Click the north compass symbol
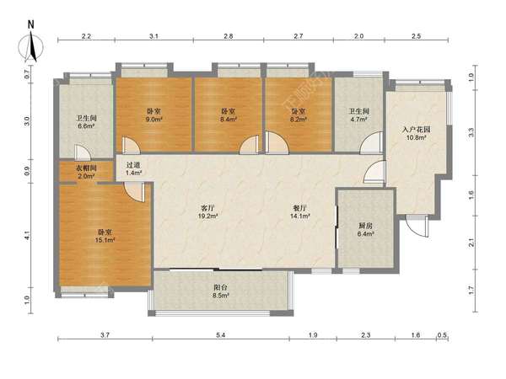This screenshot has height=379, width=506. [x=31, y=44]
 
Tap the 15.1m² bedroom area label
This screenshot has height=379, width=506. [x=105, y=240]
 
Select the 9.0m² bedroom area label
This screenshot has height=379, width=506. [x=153, y=120]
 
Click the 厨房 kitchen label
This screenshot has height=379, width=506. [x=365, y=226]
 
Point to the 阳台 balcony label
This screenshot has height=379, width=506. [x=221, y=287]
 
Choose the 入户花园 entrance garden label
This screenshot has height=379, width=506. [x=417, y=130]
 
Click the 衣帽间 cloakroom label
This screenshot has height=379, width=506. [x=86, y=168]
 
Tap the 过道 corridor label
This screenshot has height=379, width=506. [x=133, y=165]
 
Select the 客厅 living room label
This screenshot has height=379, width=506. [x=207, y=208]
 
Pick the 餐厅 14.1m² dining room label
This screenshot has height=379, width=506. [x=300, y=212]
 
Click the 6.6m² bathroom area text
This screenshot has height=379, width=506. [x=86, y=126]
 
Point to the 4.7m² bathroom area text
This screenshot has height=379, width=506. [x=359, y=120]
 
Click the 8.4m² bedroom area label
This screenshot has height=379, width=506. [x=229, y=120]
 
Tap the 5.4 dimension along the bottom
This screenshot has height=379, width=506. [x=221, y=335]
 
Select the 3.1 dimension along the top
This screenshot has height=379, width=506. [x=153, y=36]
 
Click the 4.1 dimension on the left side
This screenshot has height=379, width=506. [x=27, y=236]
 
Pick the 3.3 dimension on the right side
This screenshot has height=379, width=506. [x=471, y=132]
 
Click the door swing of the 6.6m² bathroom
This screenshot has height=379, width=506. [x=83, y=152]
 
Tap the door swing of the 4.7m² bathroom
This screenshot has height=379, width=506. [x=371, y=142]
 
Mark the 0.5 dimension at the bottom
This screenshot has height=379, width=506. [x=442, y=335]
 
